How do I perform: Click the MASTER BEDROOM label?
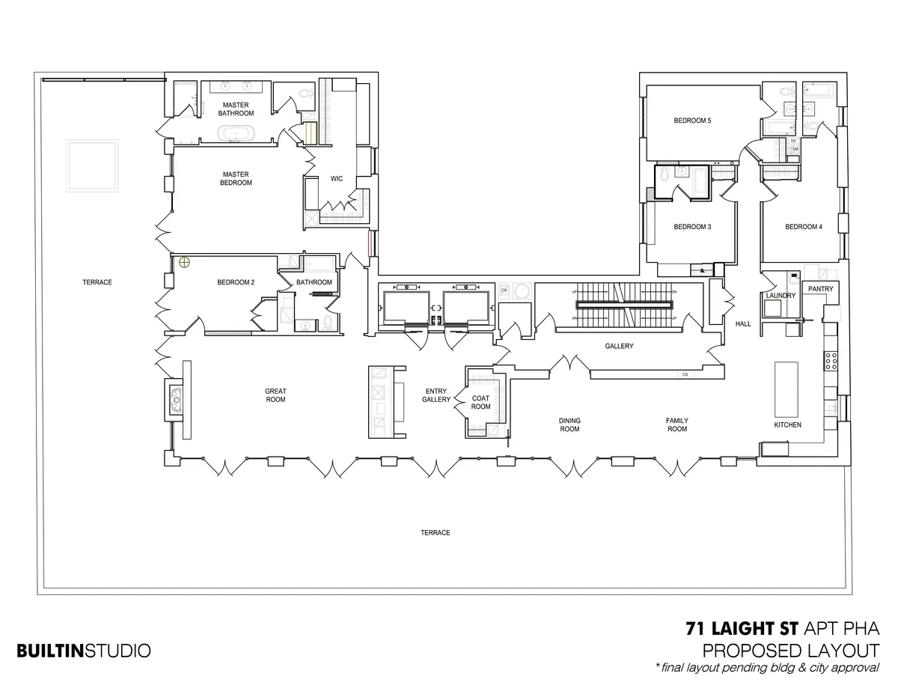coord(236,179)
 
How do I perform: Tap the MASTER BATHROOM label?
coord(236,109)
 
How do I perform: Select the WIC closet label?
coord(336,178)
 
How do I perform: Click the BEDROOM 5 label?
coord(692,121)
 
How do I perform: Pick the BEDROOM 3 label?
coord(692,227)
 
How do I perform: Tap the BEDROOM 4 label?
coord(804,227)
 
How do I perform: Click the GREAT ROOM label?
coord(275,395)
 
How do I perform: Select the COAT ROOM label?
coord(480,402)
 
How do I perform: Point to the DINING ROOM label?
coord(569,424)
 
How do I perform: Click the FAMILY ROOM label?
coord(677,424)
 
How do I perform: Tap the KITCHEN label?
coord(787,424)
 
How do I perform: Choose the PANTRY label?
coord(820,288)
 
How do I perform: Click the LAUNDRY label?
coord(780,296)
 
